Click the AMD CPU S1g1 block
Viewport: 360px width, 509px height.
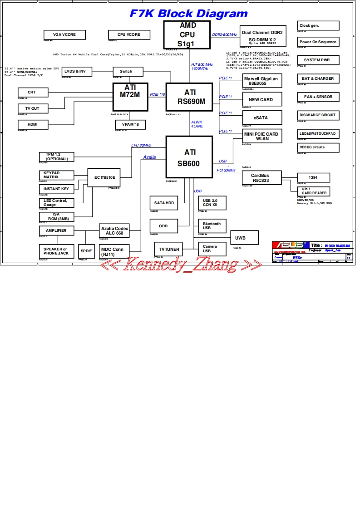187,34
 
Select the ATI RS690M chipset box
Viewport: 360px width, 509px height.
189,97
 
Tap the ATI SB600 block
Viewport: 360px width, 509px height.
189,157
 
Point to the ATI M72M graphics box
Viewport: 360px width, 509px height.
131,97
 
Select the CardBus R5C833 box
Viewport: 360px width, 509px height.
261,177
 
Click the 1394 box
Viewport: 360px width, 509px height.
313,177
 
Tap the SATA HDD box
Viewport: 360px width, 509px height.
164,203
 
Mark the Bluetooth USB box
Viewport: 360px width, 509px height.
212,225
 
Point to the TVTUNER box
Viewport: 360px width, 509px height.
169,249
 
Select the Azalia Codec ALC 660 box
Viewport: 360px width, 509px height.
114,230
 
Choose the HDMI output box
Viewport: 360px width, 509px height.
32,124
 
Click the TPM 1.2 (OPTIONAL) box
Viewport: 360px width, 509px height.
57,157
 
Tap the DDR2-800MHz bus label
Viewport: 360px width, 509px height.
225,35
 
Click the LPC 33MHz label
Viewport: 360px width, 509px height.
141,145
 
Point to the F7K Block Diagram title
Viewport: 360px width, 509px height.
189,14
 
